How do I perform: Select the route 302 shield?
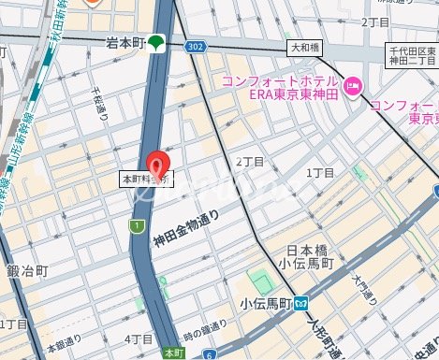[195, 45]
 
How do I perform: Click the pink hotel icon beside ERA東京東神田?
[353, 88]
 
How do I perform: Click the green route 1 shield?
[139, 225]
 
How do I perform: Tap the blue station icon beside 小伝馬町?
[302, 303]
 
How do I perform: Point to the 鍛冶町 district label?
[23, 271]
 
